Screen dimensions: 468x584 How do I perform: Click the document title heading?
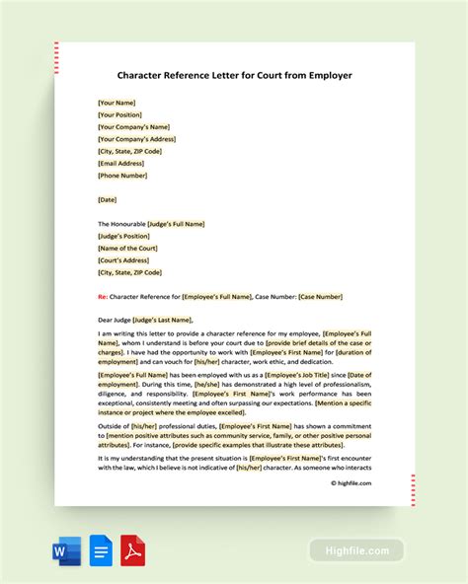pyautogui.click(x=233, y=74)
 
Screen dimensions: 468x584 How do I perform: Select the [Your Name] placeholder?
pyautogui.click(x=117, y=103)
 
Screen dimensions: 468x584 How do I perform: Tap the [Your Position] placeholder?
pyautogui.click(x=121, y=114)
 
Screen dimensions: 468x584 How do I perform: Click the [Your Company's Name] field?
pyautogui.click(x=133, y=126)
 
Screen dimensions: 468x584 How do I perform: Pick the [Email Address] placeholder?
pyautogui.click(x=123, y=163)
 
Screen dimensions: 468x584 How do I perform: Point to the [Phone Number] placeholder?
pyautogui.click(x=122, y=176)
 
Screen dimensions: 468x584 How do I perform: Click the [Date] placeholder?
pyautogui.click(x=109, y=199)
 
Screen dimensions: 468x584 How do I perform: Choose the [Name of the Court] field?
pyautogui.click(x=128, y=248)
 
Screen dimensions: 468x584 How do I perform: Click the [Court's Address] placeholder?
pyautogui.click(x=125, y=260)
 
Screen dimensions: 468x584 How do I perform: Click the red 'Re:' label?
pyautogui.click(x=103, y=296)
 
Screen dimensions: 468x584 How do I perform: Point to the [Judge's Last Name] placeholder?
pyautogui.click(x=163, y=320)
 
